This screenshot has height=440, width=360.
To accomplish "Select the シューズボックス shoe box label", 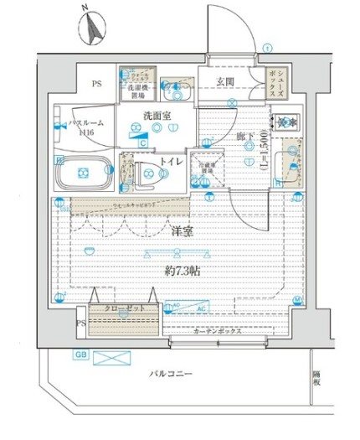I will (274, 84).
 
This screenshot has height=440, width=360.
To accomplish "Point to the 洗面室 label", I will (156, 115).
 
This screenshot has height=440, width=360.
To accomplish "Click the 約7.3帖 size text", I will (183, 272).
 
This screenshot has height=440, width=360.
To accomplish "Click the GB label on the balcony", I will (81, 355).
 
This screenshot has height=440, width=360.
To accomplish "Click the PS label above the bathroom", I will (97, 85).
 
